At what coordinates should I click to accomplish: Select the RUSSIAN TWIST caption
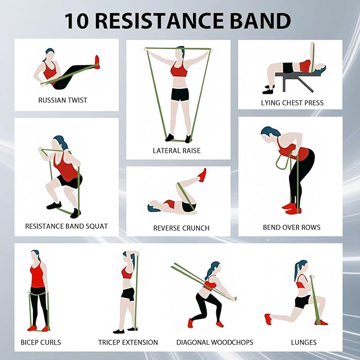click(63, 100)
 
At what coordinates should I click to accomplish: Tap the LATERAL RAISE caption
click(177, 151)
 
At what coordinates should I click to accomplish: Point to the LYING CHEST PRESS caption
click(292, 102)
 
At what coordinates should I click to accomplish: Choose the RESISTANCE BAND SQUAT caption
click(66, 226)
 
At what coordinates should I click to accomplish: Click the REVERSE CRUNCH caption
click(181, 228)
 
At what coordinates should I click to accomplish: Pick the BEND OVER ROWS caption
click(292, 228)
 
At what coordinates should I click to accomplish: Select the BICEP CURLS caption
click(41, 342)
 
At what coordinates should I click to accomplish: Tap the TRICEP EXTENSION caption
click(128, 342)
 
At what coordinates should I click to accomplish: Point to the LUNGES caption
click(304, 342)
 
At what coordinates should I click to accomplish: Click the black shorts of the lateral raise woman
click(180, 95)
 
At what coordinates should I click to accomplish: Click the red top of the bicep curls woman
click(37, 276)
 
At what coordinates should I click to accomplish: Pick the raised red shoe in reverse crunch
click(202, 175)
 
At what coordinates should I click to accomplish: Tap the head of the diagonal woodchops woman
click(213, 268)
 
